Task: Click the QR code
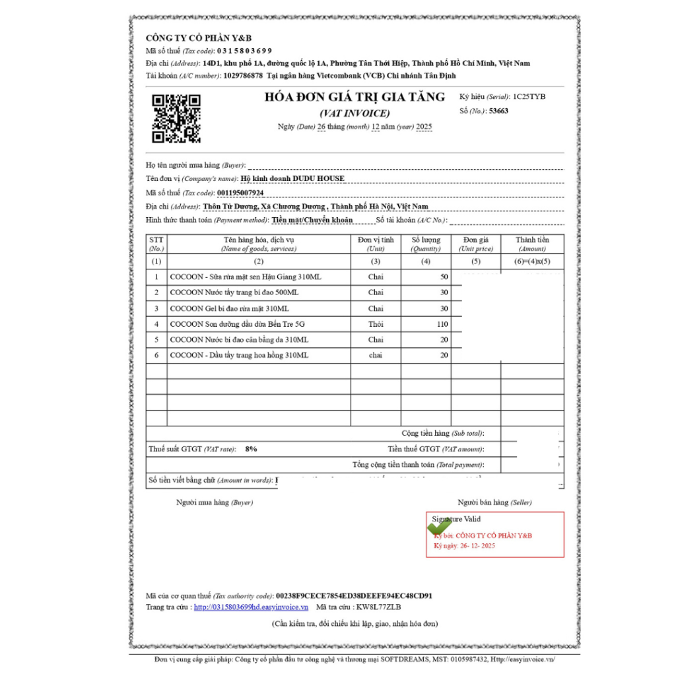point(176,118)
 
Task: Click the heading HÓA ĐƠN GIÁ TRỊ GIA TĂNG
point(355,97)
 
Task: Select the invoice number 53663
point(498,111)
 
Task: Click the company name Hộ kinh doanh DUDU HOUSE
point(292,178)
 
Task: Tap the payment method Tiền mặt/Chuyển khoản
point(312,220)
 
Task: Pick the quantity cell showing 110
point(442,324)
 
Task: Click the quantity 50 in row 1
point(444,277)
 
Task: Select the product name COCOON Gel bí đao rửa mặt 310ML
point(229,308)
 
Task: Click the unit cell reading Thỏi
point(376,324)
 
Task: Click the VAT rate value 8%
point(251,449)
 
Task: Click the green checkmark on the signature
point(439,527)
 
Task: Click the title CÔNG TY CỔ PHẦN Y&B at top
point(199,38)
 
